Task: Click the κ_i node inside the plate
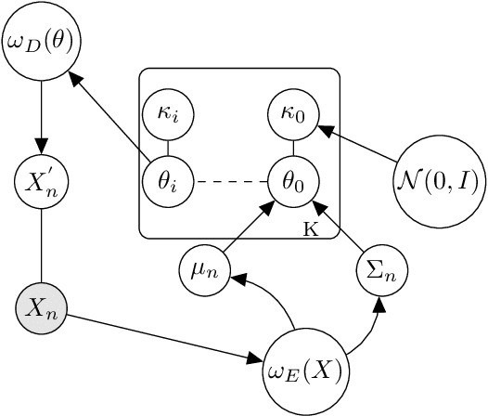pos(167,115)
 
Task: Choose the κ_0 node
pos(293,115)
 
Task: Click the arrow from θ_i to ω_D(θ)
pos(111,114)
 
